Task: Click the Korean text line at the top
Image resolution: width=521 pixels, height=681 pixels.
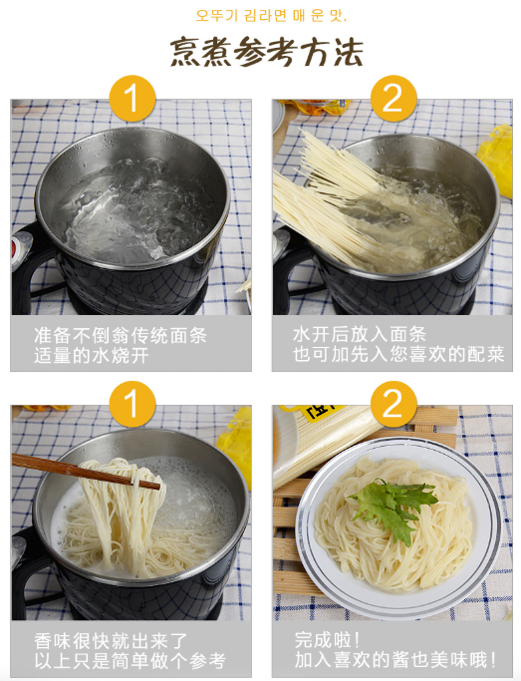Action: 271,15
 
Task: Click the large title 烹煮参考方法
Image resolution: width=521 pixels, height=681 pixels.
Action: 266,52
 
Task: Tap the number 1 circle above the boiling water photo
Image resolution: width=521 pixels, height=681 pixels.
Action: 131,99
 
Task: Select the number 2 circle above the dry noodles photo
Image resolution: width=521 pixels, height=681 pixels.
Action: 393,99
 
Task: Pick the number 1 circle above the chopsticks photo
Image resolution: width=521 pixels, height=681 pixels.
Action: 131,404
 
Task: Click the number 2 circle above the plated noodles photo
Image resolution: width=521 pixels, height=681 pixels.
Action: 393,404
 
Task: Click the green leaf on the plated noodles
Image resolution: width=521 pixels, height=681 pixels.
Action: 392,508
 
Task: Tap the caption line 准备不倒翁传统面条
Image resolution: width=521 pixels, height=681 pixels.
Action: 121,336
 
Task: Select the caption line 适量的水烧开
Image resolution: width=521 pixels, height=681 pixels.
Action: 92,356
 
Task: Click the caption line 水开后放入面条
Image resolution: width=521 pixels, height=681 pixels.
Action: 360,334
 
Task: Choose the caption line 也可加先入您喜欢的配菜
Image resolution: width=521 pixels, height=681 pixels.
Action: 398,354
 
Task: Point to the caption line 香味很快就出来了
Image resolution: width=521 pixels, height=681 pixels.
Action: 111,640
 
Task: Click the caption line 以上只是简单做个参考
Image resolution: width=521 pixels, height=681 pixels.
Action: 130,661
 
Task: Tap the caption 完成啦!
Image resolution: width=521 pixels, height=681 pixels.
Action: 327,639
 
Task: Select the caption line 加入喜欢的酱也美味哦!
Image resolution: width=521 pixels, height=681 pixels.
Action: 395,659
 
